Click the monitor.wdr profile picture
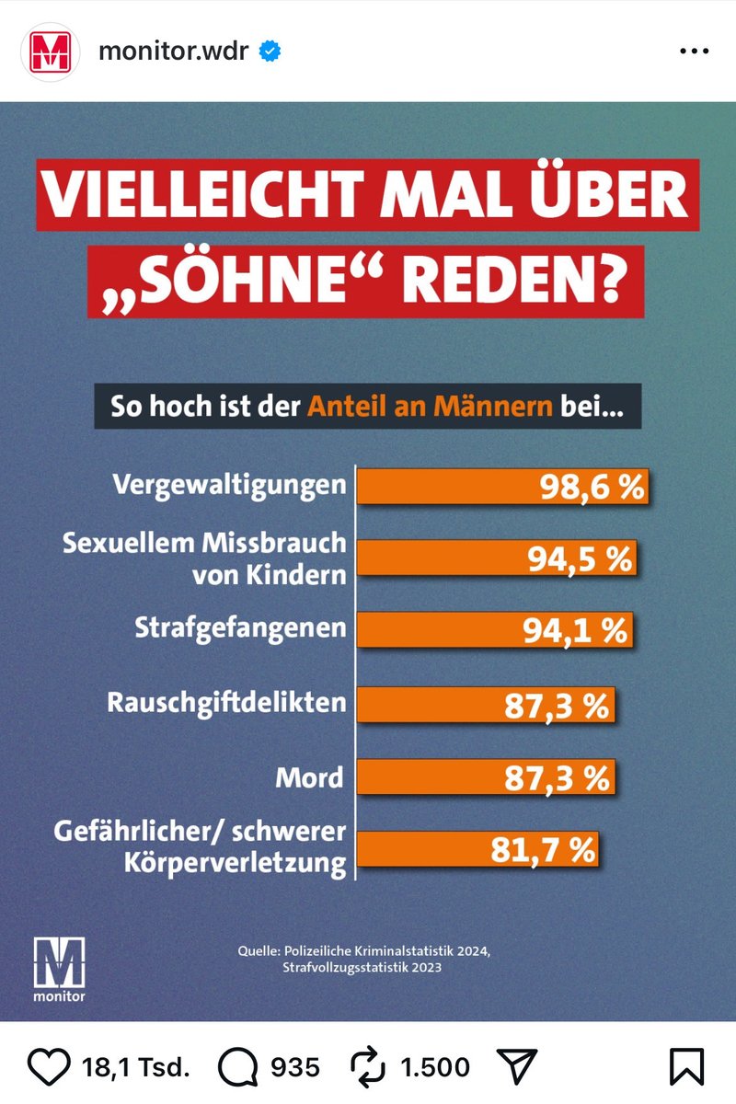pyautogui.click(x=48, y=52)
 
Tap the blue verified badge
pyautogui.click(x=270, y=52)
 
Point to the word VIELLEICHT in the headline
pyautogui.click(x=194, y=196)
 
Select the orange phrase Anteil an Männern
pyautogui.click(x=431, y=406)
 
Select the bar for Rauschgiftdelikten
pyautogui.click(x=485, y=705)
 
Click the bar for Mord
pyautogui.click(x=485, y=777)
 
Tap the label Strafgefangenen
pyautogui.click(x=241, y=629)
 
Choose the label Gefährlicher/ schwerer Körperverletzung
pyautogui.click(x=200, y=847)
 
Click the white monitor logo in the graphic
pyautogui.click(x=59, y=968)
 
